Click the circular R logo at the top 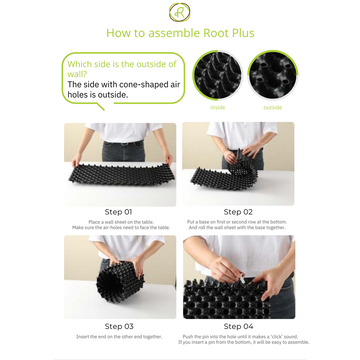click(180, 12)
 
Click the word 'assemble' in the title click(174, 33)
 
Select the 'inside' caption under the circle click(218, 107)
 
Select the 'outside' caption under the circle click(273, 107)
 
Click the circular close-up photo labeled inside click(218, 75)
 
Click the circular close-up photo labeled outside click(273, 75)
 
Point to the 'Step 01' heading click(118, 212)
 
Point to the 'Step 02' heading click(238, 212)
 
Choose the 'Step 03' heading click(119, 326)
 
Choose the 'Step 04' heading click(239, 326)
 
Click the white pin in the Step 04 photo click(241, 279)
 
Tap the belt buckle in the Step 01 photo click(124, 144)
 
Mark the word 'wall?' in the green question click(77, 74)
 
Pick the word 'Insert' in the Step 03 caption click(82, 337)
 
